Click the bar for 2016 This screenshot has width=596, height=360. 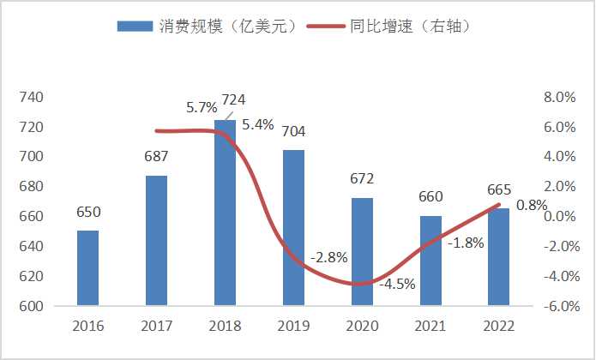(x=87, y=267)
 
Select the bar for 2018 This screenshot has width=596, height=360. (x=225, y=213)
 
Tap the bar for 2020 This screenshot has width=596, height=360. (x=362, y=251)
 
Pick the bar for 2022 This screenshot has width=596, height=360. (x=498, y=256)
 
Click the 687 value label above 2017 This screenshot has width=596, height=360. (x=156, y=157)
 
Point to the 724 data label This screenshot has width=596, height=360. (x=234, y=100)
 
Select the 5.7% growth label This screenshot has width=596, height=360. (x=202, y=108)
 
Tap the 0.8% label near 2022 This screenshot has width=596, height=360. (x=532, y=205)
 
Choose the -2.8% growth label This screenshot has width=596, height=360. (x=329, y=257)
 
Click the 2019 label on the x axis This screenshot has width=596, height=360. (x=293, y=327)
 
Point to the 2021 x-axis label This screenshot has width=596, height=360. (x=430, y=327)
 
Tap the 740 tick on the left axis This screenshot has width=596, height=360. (x=32, y=97)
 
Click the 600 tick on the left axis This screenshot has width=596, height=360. (x=32, y=306)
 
